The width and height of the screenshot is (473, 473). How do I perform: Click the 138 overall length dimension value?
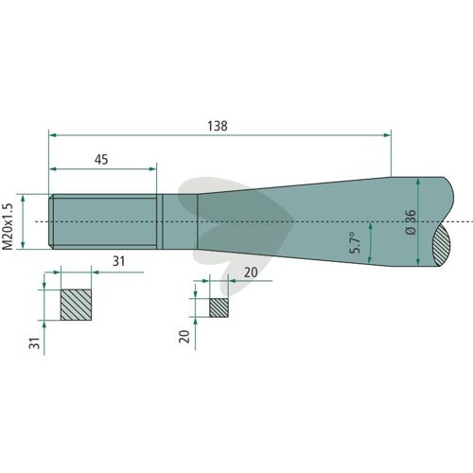click(218, 126)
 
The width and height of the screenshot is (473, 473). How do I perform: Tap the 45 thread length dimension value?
click(101, 160)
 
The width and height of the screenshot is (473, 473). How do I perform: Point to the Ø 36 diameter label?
click(411, 222)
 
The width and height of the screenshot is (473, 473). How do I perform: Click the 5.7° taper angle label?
click(356, 242)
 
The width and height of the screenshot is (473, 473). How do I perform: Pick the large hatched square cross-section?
click(76, 305)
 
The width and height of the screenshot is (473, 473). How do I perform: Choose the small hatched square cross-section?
click(219, 307)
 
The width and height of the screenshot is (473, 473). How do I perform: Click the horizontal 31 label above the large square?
click(119, 261)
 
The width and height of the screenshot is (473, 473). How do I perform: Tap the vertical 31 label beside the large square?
click(35, 343)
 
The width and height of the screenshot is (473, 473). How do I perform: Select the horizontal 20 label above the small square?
click(251, 272)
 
